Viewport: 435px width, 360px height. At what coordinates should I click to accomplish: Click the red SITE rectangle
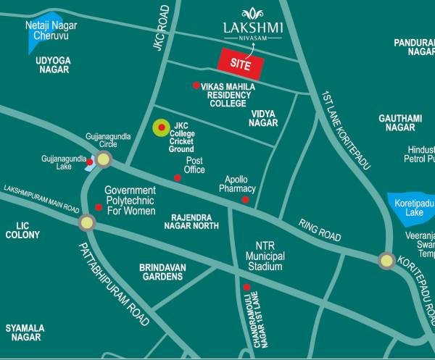tap(241, 63)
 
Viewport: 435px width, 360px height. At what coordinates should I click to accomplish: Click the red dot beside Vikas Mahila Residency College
tap(196, 85)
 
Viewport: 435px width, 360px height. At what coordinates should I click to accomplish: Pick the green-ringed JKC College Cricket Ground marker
tap(161, 128)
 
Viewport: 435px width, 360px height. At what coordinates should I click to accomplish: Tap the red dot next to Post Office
tap(177, 177)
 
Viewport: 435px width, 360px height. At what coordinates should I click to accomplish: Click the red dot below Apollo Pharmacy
tap(245, 199)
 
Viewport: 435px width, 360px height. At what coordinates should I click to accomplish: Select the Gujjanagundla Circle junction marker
tap(104, 160)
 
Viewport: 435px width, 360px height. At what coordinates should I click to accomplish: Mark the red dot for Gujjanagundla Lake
tap(90, 162)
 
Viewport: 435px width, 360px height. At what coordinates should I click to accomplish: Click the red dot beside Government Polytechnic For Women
tap(99, 206)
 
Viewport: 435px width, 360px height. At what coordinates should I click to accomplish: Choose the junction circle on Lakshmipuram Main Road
tap(87, 222)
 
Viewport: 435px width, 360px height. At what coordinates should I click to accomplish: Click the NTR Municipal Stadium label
tap(264, 256)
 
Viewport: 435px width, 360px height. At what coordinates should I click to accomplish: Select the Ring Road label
tap(320, 230)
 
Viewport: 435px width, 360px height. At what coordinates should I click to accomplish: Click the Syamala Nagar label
tap(25, 332)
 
